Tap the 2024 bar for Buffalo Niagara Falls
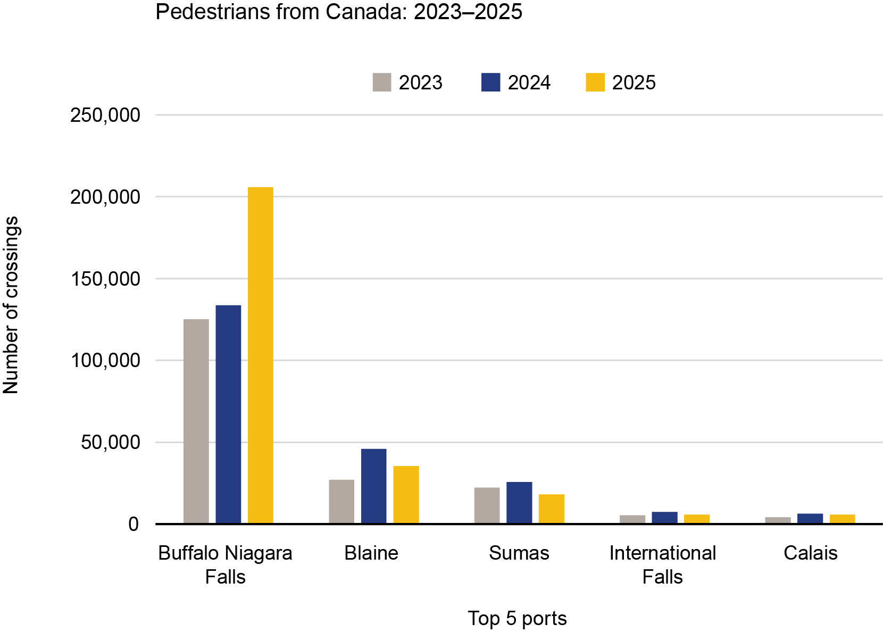click(228, 414)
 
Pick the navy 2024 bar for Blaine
click(374, 486)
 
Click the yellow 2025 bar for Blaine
click(406, 495)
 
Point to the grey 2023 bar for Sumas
click(487, 505)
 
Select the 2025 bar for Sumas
click(551, 509)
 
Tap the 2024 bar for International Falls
click(664, 518)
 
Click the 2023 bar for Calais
click(778, 520)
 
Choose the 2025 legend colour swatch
click(595, 82)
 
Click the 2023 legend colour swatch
click(382, 82)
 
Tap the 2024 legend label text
click(529, 83)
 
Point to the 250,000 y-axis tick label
click(105, 115)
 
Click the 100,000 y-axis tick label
click(105, 361)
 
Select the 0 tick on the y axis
click(133, 525)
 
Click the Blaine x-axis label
click(371, 553)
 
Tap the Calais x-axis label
click(810, 553)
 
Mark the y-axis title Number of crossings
click(11, 305)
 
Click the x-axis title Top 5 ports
click(517, 618)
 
